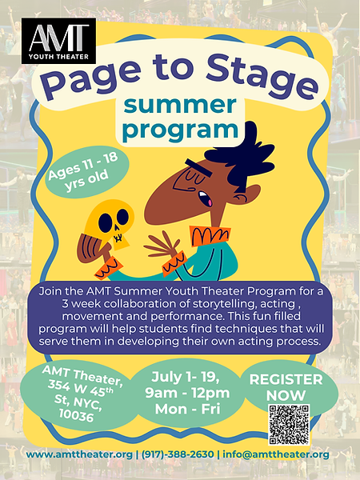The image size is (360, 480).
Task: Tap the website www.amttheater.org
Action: (x=79, y=454)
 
